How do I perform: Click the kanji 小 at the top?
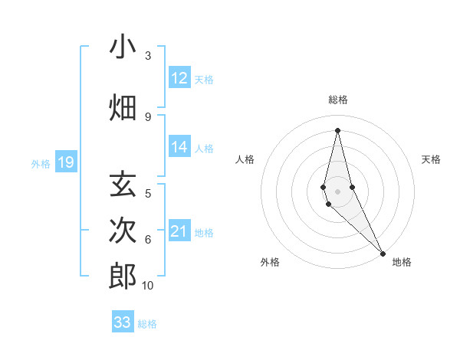click(123, 48)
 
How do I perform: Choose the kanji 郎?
click(123, 276)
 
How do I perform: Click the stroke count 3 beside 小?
click(148, 56)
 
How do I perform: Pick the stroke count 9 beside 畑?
click(148, 116)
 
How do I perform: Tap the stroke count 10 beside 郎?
click(148, 286)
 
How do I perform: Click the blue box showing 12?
click(179, 77)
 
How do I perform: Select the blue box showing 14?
click(179, 147)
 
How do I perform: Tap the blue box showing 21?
click(179, 231)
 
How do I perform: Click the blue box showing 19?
click(66, 162)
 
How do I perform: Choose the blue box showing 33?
click(123, 322)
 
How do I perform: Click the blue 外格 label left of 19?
click(41, 163)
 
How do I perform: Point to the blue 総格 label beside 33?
click(147, 324)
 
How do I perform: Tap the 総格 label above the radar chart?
click(337, 100)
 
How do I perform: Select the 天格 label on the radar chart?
click(431, 159)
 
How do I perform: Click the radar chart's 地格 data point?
click(382, 252)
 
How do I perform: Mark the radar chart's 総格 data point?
click(337, 129)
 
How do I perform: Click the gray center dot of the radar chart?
click(337, 191)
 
